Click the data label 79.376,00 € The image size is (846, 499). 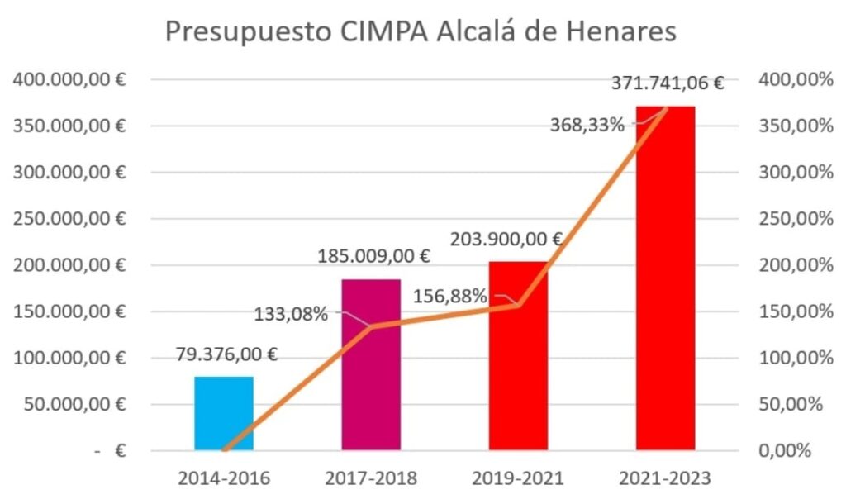pos(226,354)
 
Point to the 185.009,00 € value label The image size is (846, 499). pos(373,256)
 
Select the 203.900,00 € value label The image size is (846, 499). pos(506,240)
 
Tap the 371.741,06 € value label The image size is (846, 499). pos(668,83)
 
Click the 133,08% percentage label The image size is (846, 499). pos(291,314)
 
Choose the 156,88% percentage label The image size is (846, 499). pos(449,296)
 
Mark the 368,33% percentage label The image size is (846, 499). pos(587,126)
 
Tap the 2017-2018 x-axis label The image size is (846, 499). pos(371,478)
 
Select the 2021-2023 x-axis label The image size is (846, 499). pos(665,478)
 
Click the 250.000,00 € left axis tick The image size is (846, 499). pos(69,219)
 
